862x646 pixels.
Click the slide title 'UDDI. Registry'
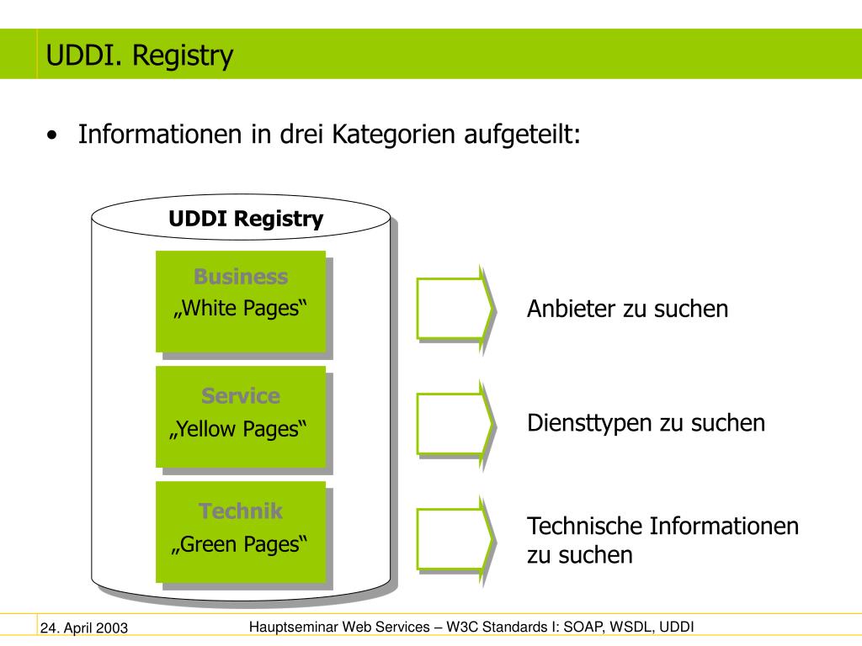[140, 56]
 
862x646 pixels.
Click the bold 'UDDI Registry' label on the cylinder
[246, 220]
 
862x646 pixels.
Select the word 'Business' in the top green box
[241, 276]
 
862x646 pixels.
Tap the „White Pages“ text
[240, 309]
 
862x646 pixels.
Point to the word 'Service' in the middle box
[241, 395]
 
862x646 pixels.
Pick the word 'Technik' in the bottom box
[241, 511]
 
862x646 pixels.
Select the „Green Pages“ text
[239, 545]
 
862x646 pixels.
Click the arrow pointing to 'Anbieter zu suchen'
[455, 309]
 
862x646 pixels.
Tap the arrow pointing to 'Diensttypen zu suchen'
[455, 424]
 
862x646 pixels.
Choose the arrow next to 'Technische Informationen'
[455, 540]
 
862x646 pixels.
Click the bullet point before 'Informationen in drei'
[52, 135]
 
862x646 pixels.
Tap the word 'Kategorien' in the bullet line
[393, 135]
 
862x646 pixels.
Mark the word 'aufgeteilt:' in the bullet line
[522, 135]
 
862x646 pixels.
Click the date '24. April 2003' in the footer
[84, 627]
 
